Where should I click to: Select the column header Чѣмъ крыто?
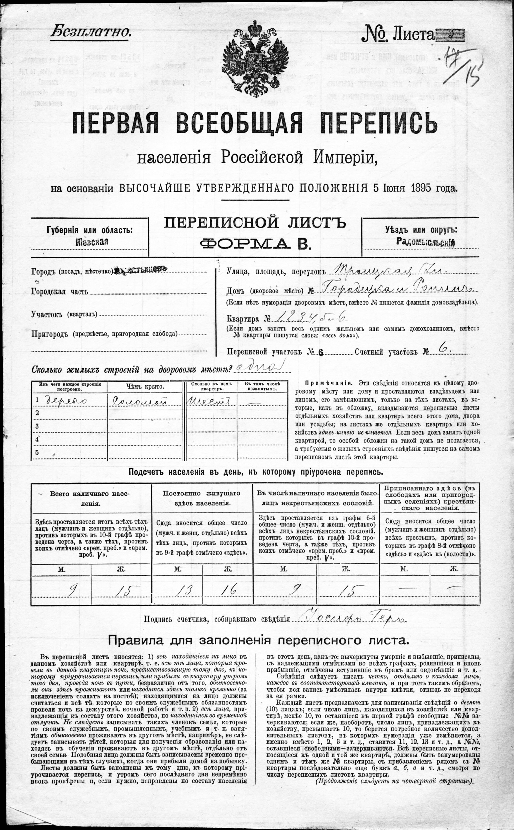(144, 387)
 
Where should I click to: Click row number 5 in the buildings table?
(37, 452)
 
